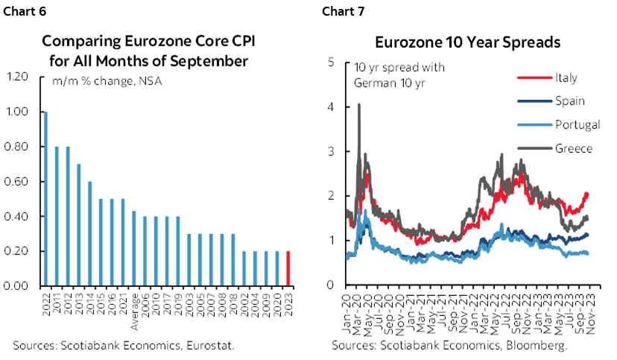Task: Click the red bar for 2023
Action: [288, 268]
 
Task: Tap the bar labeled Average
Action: [133, 248]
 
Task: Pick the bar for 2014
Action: [89, 233]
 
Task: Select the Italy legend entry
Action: [566, 78]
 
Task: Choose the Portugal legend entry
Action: [576, 124]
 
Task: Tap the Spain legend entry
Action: [569, 101]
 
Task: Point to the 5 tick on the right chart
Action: [330, 63]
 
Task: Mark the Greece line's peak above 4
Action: [359, 106]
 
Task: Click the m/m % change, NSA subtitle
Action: [107, 80]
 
